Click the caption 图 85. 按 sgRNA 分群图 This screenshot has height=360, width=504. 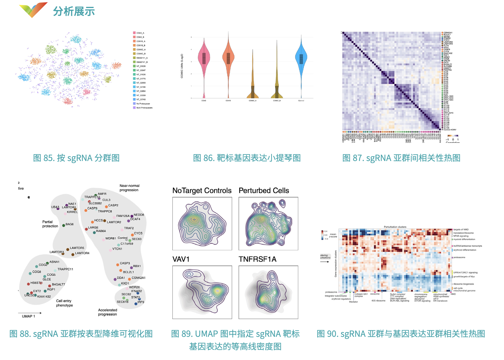tap(76, 158)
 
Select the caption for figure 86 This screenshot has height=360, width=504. tap(247, 158)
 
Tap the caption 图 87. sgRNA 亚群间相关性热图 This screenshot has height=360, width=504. tap(401, 158)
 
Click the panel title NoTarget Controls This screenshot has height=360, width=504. tap(202, 191)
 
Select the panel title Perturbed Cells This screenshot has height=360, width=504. tap(264, 191)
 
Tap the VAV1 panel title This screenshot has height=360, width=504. tap(181, 259)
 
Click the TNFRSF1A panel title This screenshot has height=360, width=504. tap(258, 259)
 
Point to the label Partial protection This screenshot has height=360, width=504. tap(50, 224)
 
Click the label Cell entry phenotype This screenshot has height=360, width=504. tap(64, 303)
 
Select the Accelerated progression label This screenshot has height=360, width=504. tap(107, 312)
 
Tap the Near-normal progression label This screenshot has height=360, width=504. tap(129, 188)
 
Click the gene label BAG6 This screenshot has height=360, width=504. tap(69, 224)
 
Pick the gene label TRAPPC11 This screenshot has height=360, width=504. tap(65, 269)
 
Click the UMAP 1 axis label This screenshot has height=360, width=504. tap(28, 316)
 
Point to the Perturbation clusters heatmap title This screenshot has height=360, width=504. tap(395, 227)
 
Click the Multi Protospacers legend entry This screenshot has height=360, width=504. tap(144, 108)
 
